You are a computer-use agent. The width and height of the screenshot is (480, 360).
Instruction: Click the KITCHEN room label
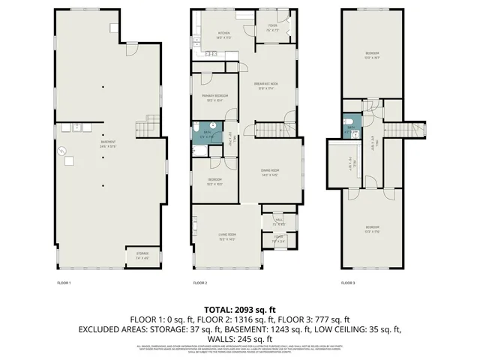tap(223, 34)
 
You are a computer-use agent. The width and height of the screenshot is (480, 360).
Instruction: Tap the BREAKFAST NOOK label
tap(266, 83)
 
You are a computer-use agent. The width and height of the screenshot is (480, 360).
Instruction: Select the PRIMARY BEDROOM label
tap(214, 97)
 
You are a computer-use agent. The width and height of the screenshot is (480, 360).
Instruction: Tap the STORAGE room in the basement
tap(142, 254)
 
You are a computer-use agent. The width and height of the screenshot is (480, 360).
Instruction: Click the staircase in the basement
tap(152, 122)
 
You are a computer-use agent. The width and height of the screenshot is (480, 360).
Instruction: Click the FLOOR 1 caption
tap(64, 283)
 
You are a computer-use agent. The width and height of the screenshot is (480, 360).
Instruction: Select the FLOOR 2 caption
tap(199, 283)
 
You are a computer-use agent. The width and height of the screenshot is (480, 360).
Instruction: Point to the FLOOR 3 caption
tap(347, 283)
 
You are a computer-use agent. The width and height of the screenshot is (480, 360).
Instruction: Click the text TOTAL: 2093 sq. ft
tap(240, 310)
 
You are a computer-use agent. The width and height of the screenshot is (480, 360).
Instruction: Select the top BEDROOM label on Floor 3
tap(372, 53)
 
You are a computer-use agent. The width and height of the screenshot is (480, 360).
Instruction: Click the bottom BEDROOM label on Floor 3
tap(372, 228)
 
